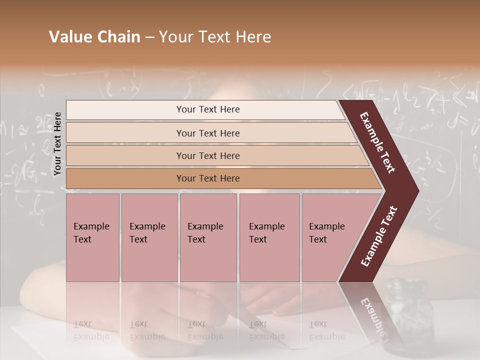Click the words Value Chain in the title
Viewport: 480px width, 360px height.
pos(94,37)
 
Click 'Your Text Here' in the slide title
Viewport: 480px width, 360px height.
pos(215,37)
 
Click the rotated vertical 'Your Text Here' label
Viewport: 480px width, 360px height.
pos(57,144)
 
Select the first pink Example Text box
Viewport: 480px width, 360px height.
pos(92,237)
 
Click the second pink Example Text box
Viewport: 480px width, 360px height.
pos(149,237)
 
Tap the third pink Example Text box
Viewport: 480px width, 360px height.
pos(208,237)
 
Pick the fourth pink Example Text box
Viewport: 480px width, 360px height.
pos(269,237)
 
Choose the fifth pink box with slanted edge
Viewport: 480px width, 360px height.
pos(330,237)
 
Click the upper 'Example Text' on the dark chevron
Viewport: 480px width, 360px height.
pos(378,142)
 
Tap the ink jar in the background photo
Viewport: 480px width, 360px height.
pos(408,310)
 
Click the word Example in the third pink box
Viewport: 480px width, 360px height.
pos(205,226)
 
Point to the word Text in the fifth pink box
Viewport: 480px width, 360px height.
pos(318,239)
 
